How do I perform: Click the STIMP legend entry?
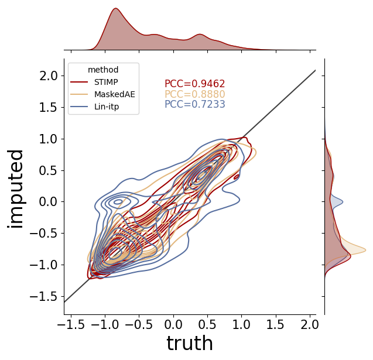tap(94, 83)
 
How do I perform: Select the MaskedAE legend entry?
tap(102, 94)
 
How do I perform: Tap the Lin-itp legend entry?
tap(94, 107)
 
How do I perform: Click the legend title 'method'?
tap(103, 70)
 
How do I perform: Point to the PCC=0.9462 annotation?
tap(195, 84)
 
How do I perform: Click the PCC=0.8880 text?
tap(195, 94)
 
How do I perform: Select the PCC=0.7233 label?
tap(195, 104)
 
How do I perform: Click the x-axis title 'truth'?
tap(190, 343)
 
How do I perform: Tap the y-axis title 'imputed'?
tap(15, 189)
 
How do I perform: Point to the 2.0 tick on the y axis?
tap(49, 76)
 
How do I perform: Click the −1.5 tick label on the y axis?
tap(44, 297)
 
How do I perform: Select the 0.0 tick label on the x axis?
tap(173, 325)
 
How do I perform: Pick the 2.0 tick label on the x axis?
tap(310, 325)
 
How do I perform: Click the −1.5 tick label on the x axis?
tap(71, 325)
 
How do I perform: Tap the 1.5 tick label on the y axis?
tap(49, 108)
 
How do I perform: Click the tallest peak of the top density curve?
tap(115, 8)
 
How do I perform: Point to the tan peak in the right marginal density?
tap(365, 250)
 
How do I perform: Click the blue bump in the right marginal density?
tap(343, 202)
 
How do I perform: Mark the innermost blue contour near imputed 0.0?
tap(118, 202)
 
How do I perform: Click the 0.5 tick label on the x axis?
tap(207, 325)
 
